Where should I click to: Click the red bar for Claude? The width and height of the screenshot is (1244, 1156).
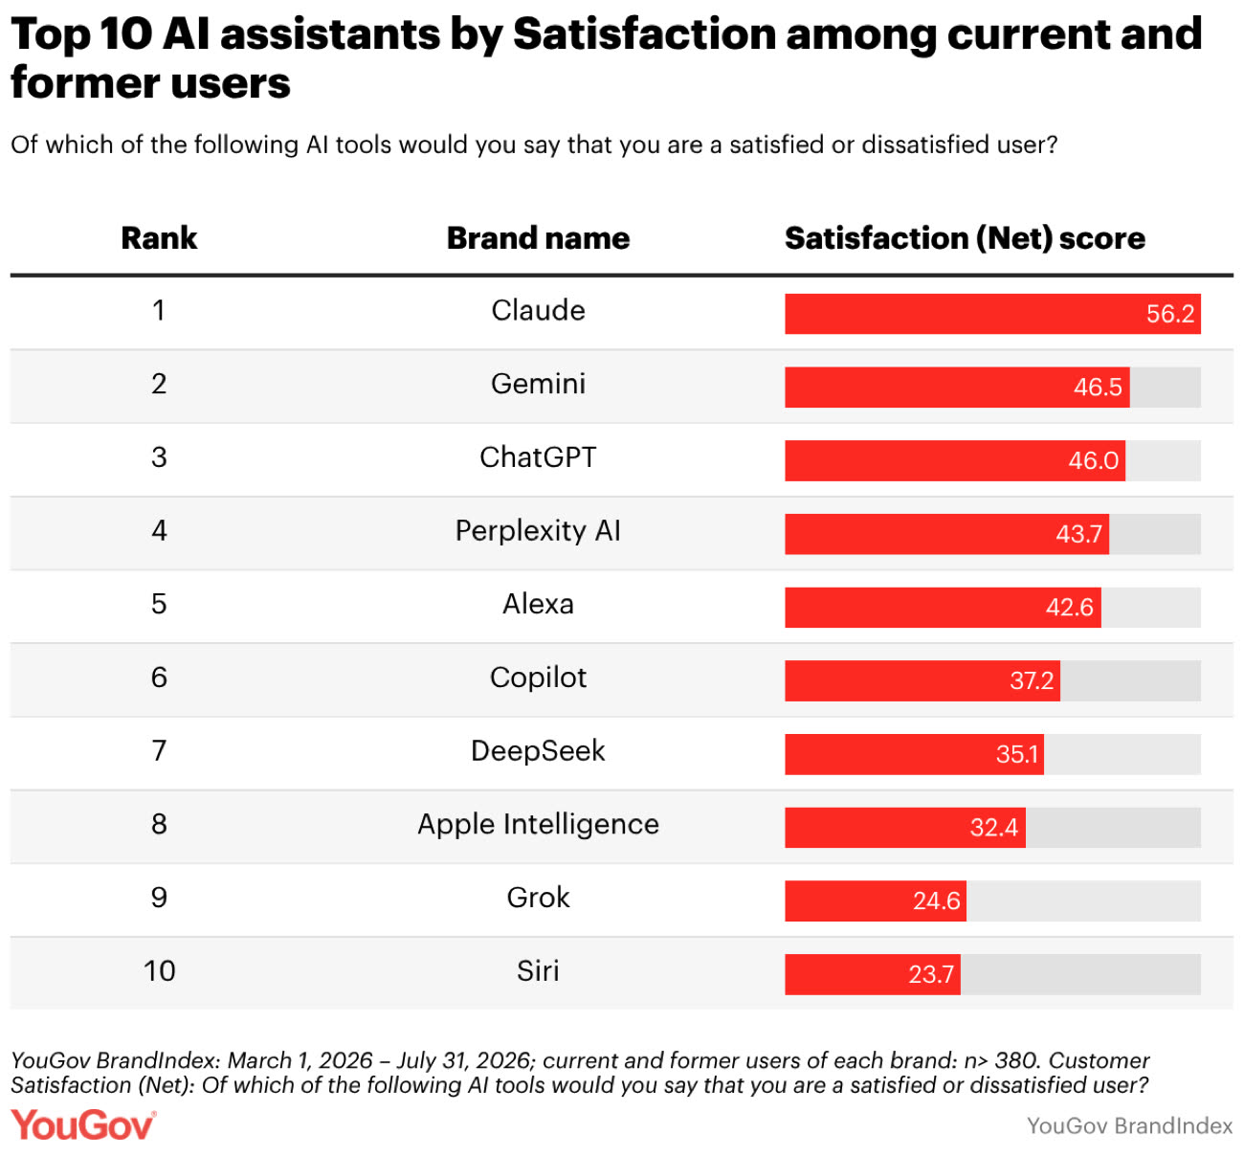pyautogui.click(x=992, y=313)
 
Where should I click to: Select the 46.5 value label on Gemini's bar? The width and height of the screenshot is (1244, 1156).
pyautogui.click(x=1098, y=388)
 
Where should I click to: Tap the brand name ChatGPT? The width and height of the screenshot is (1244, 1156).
pyautogui.click(x=538, y=456)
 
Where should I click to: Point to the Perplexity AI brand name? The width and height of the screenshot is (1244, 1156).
pyautogui.click(x=538, y=531)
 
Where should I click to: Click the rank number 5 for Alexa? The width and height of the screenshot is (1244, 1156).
pyautogui.click(x=159, y=604)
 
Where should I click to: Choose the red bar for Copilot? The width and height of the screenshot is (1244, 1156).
pyautogui.click(x=922, y=680)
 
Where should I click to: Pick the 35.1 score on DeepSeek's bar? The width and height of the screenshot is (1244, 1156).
pyautogui.click(x=1016, y=754)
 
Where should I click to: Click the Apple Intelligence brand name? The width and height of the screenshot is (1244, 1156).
pyautogui.click(x=538, y=825)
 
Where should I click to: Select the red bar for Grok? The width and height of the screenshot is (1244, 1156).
pyautogui.click(x=875, y=901)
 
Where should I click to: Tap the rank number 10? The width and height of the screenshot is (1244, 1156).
pyautogui.click(x=159, y=971)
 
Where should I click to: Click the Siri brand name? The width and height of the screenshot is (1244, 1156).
pyautogui.click(x=538, y=971)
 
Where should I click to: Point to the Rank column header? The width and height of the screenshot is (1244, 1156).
pyautogui.click(x=159, y=238)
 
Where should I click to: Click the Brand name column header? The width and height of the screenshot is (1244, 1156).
pyautogui.click(x=538, y=238)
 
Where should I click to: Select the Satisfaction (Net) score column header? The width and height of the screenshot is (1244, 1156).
pyautogui.click(x=965, y=238)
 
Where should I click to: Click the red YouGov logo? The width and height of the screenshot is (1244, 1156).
pyautogui.click(x=83, y=1125)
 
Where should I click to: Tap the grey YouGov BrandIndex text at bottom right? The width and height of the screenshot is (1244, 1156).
pyautogui.click(x=1129, y=1126)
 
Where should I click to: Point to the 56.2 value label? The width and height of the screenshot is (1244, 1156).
pyautogui.click(x=1170, y=314)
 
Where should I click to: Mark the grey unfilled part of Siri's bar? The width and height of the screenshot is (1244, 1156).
pyautogui.click(x=1080, y=974)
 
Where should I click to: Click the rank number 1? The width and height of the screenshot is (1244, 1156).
pyautogui.click(x=159, y=311)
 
